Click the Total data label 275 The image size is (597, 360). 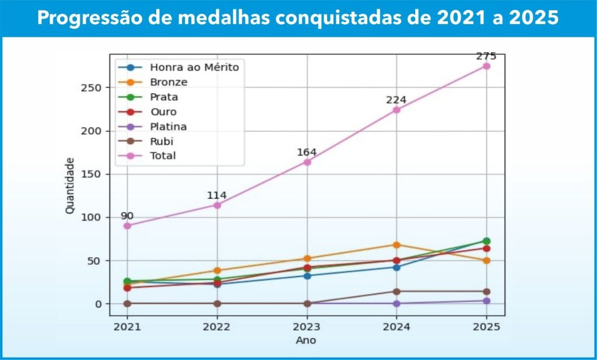point(486,57)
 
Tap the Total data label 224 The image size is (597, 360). point(396,100)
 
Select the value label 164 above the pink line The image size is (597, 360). point(307,152)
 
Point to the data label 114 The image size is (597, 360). point(216,195)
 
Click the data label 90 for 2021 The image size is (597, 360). point(127,216)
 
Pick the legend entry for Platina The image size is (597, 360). point(169,127)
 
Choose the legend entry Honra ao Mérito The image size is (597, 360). point(194,67)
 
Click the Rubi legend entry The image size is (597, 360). point(161,141)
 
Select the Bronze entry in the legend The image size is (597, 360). point(168,82)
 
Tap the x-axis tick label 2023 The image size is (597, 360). point(307,327)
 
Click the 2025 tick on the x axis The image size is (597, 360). point(486,327)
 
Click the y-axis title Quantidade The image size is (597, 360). point(70,185)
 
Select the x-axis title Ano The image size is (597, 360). point(306,340)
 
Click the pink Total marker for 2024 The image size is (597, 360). point(396,110)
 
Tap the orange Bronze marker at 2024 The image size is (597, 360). point(396,245)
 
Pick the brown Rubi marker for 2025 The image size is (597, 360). point(486,291)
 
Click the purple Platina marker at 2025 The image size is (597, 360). point(486,301)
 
